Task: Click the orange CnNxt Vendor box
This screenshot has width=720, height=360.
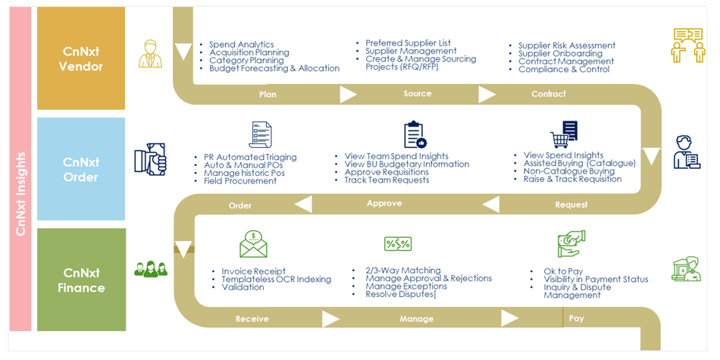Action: [x=81, y=58]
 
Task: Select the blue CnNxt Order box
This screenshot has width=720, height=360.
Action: [x=81, y=169]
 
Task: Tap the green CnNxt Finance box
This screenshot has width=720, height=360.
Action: [x=81, y=280]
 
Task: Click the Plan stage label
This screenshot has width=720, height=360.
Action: [x=268, y=95]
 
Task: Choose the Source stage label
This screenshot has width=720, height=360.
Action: [x=417, y=94]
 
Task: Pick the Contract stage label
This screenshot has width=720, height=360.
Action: [x=548, y=94]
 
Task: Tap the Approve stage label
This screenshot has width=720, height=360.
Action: [x=384, y=204]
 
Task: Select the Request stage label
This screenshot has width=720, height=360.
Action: [x=571, y=205]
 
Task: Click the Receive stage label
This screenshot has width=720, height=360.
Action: [x=252, y=319]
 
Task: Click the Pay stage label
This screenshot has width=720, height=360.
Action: [x=577, y=318]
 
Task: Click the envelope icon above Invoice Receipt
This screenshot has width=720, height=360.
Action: [x=253, y=245]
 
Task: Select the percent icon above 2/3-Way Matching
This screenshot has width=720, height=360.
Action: [x=398, y=243]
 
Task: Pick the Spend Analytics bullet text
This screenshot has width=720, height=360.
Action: [x=241, y=45]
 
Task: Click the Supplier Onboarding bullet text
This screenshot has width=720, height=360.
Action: [x=560, y=54]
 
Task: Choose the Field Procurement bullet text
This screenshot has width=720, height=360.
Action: [x=240, y=181]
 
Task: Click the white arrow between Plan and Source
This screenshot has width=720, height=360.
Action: [x=348, y=95]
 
